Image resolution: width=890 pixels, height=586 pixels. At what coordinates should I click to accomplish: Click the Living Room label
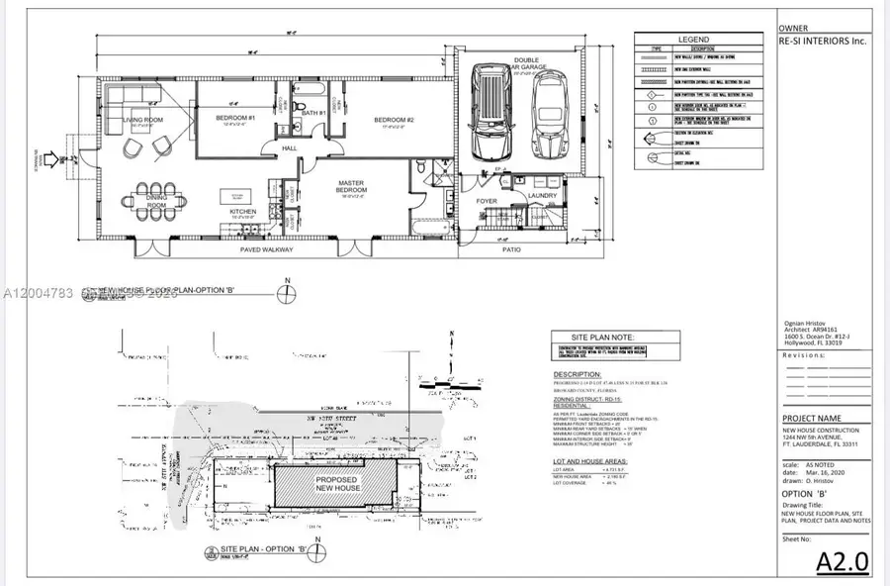[x=142, y=120]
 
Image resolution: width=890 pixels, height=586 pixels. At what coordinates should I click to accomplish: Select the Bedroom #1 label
[x=236, y=119]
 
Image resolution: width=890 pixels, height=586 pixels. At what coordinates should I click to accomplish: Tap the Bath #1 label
[x=314, y=113]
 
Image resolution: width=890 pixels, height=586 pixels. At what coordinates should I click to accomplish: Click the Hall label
[x=291, y=148]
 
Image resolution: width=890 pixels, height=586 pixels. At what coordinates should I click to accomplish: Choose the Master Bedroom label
[x=353, y=186]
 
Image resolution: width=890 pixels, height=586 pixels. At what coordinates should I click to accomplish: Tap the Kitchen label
[x=244, y=211]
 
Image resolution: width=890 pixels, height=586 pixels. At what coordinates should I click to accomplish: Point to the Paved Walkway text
[x=267, y=250]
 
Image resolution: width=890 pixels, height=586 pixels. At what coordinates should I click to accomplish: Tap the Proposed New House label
[x=336, y=485]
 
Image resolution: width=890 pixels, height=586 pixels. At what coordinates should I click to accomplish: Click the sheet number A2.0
[x=843, y=561]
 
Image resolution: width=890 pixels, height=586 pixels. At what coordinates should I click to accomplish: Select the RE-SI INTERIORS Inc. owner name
[x=823, y=43]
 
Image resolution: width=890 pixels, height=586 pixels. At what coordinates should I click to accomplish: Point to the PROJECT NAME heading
[x=814, y=419]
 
